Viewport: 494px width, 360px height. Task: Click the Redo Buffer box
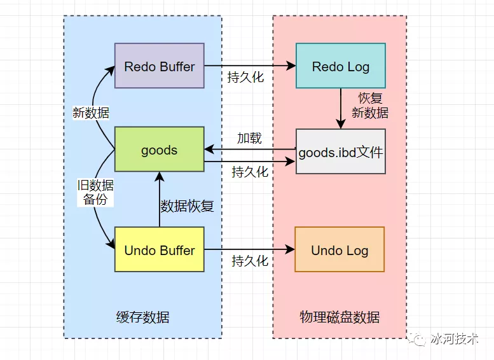[159, 66]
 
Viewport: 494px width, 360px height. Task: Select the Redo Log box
[340, 66]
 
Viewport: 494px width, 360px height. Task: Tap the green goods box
[159, 150]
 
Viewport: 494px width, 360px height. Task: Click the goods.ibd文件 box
[340, 151]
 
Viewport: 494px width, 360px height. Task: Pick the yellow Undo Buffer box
[159, 250]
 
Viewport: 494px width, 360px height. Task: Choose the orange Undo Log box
[340, 250]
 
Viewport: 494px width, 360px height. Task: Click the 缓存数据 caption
[143, 317]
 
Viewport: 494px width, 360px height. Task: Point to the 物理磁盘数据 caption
[340, 317]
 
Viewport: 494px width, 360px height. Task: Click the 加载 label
[249, 138]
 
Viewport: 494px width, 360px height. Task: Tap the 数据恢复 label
[187, 206]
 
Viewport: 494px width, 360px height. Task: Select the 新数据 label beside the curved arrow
[91, 113]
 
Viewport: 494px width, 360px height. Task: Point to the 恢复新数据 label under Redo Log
[369, 106]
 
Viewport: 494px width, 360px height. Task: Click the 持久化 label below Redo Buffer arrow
[245, 78]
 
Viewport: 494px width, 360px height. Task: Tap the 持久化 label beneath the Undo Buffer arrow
[250, 261]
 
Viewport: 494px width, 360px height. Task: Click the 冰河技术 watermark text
[454, 339]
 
